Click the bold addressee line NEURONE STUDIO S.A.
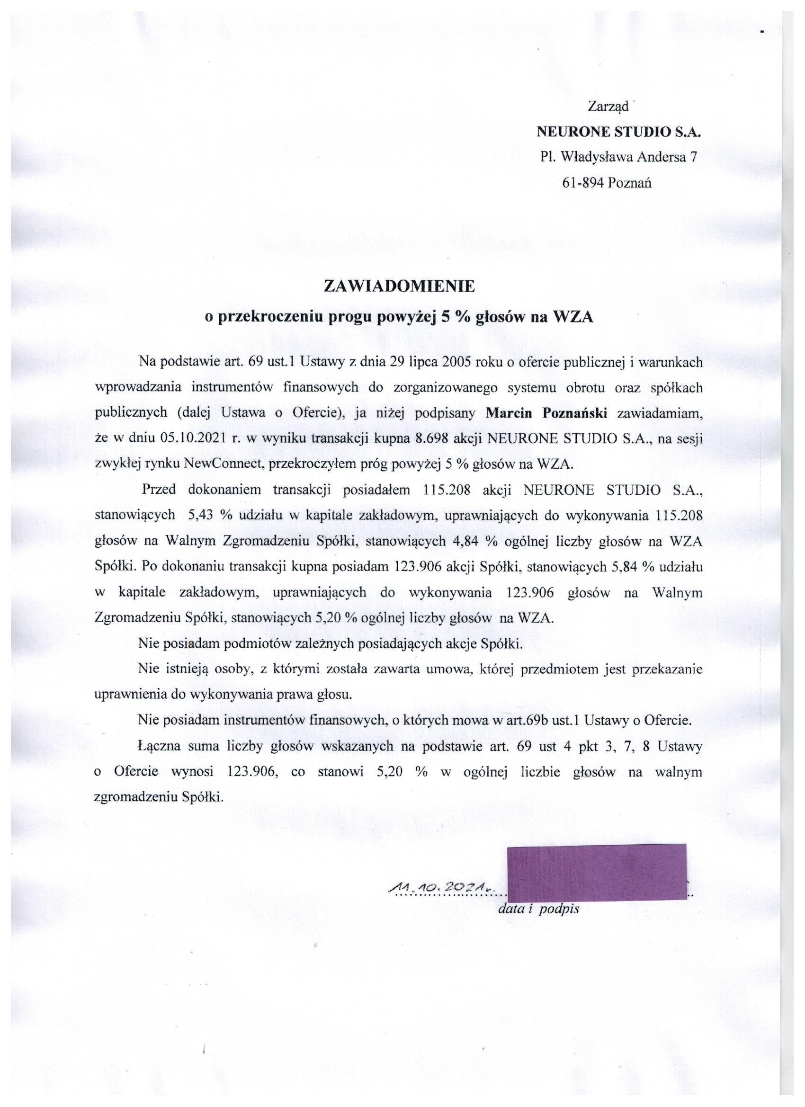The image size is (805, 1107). click(x=618, y=132)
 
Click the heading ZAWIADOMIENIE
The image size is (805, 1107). click(x=399, y=286)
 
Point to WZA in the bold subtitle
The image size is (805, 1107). click(x=572, y=317)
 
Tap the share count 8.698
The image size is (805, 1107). click(x=431, y=438)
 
